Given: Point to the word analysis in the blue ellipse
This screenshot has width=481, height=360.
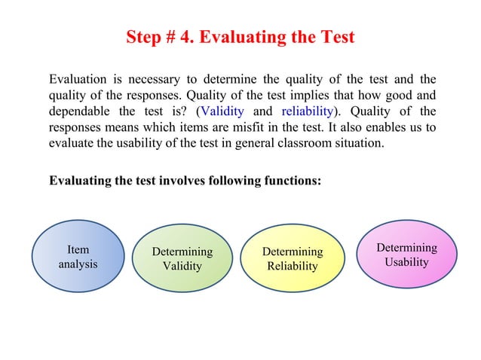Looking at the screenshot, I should coord(78,265).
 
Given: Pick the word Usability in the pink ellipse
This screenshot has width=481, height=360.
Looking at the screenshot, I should coord(406,262).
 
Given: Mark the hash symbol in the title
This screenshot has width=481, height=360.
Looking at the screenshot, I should coord(171,37).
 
